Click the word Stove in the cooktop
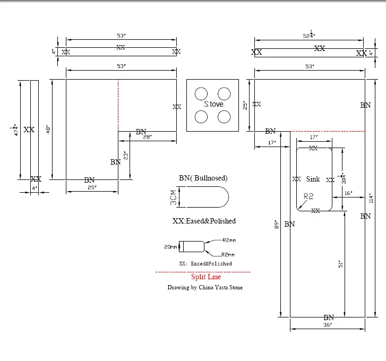point(213,105)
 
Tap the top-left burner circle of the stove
point(201,93)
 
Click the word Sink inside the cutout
point(313,179)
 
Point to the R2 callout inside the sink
point(308,196)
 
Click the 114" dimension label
point(372,198)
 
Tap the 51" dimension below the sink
point(341,264)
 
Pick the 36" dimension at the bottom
point(327,324)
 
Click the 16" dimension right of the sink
point(348,194)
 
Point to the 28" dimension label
point(147,137)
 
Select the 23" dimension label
point(126,156)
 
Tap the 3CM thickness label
point(173,199)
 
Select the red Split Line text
point(206,277)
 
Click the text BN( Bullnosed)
point(203,178)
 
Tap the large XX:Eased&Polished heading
point(204,220)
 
